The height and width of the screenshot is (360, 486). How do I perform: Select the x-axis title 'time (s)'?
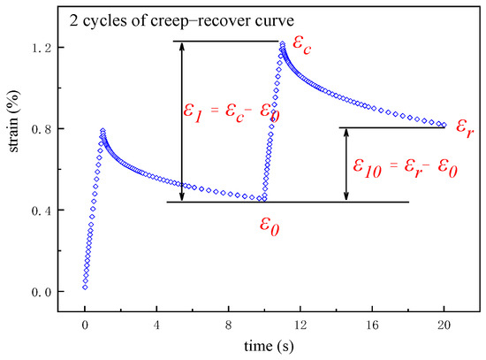[264, 346]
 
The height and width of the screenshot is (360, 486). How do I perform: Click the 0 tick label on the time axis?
[85, 325]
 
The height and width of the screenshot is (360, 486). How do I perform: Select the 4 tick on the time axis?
[156, 325]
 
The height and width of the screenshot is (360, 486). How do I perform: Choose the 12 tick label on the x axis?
[300, 325]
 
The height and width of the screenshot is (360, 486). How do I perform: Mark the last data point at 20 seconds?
[444, 125]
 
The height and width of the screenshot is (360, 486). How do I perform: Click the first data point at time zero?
[85, 287]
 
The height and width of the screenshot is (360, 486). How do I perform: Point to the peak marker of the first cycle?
[103, 131]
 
